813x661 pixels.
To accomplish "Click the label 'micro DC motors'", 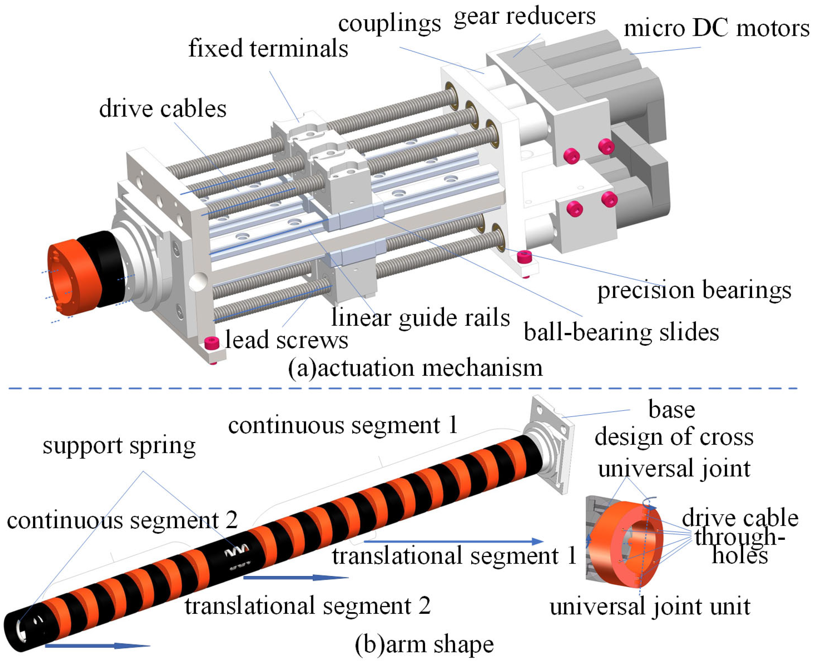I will [716, 29].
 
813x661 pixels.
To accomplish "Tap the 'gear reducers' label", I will [524, 17].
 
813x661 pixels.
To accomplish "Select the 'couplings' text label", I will [389, 24].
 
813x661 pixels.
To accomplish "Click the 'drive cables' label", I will [162, 109].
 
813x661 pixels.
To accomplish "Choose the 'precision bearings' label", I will [694, 291].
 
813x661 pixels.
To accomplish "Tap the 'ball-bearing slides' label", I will [621, 332].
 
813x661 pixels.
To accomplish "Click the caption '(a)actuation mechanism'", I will [415, 368].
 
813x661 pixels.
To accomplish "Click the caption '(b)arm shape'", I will [424, 644].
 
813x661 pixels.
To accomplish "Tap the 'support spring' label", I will [119, 445].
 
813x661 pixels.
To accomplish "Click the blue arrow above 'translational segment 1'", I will [453, 541].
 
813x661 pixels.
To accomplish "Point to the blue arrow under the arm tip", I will [97, 645].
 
